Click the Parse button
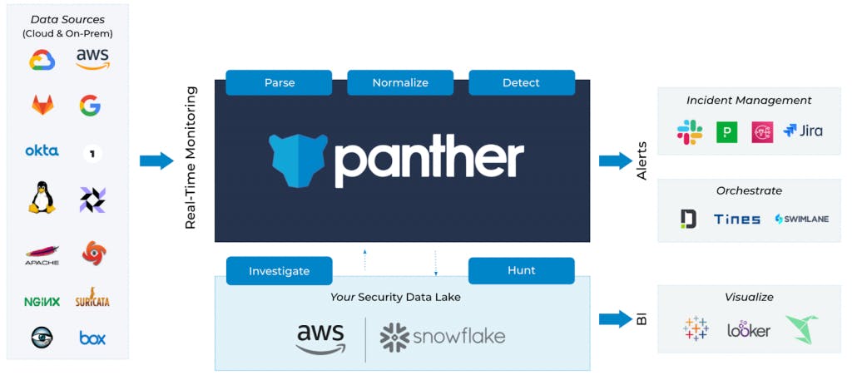click(279, 82)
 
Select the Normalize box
click(400, 82)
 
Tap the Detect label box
click(522, 82)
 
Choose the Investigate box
click(279, 271)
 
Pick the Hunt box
click(522, 270)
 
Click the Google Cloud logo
click(42, 60)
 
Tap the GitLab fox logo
click(42, 105)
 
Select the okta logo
click(42, 151)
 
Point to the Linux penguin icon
click(42, 198)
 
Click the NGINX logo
click(42, 301)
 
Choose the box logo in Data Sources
click(92, 338)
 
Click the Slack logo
click(689, 131)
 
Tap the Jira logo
click(803, 131)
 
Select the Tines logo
click(736, 220)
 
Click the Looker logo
click(749, 330)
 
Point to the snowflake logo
click(442, 337)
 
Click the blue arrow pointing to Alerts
click(615, 160)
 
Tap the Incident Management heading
click(749, 101)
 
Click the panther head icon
click(297, 160)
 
